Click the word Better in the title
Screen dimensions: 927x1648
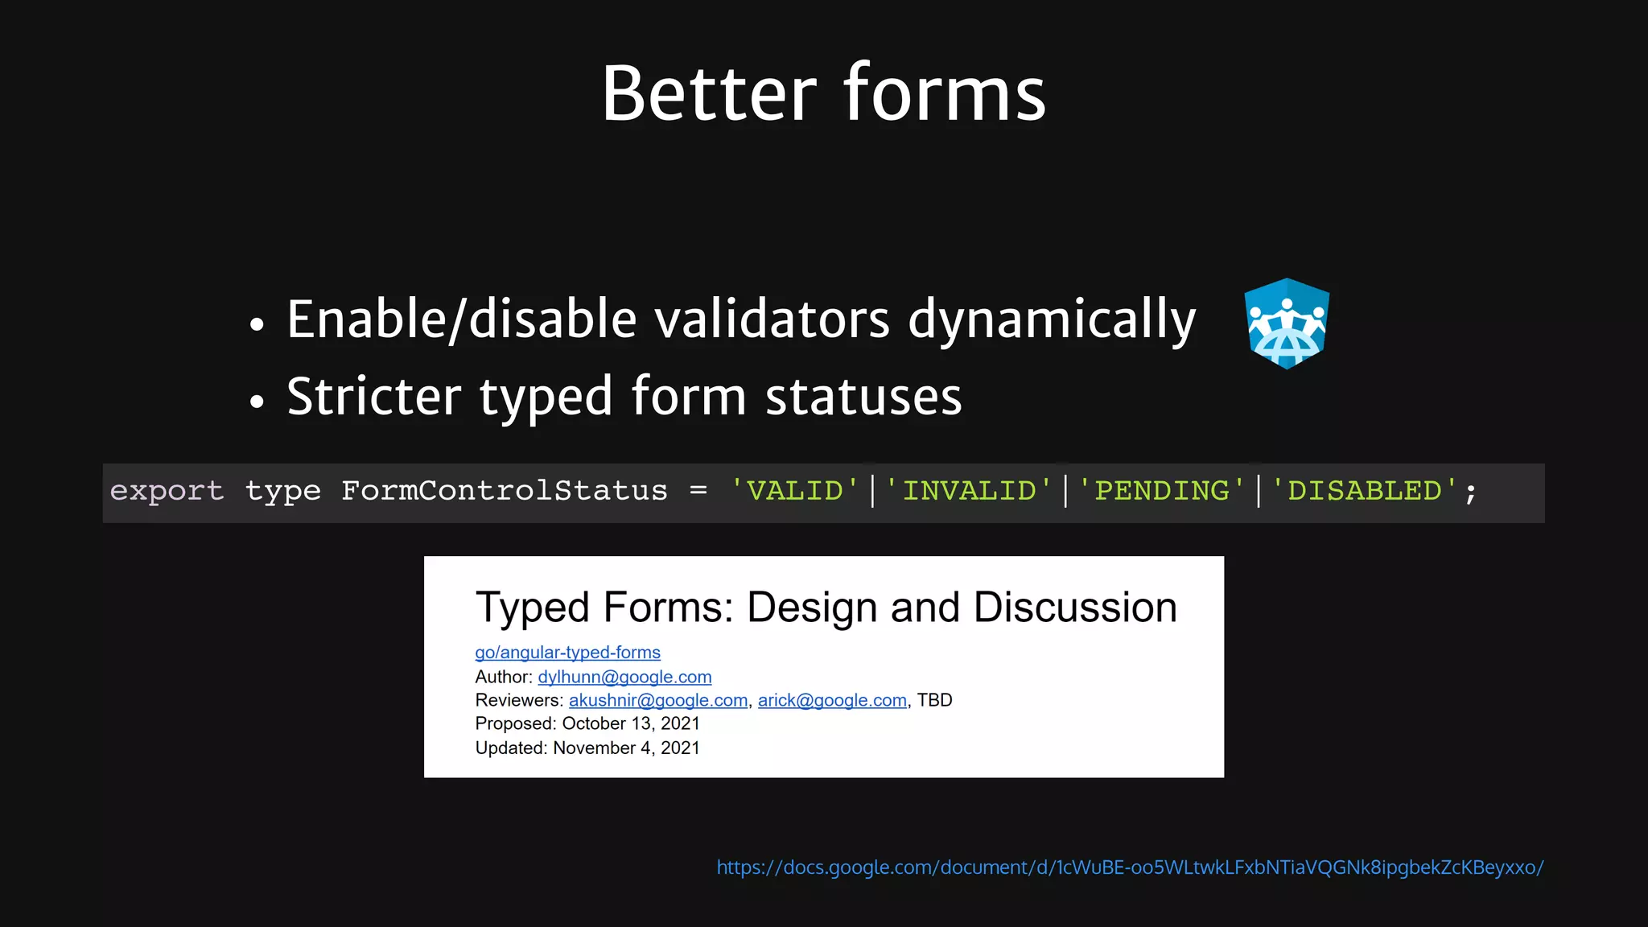pyautogui.click(x=709, y=94)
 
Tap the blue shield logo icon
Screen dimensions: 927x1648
pyautogui.click(x=1286, y=323)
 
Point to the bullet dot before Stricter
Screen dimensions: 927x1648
pyautogui.click(x=257, y=401)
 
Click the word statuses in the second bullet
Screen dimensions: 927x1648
pyautogui.click(x=863, y=397)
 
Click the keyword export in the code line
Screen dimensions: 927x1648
pyautogui.click(x=167, y=491)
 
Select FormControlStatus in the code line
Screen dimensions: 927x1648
pyautogui.click(x=504, y=491)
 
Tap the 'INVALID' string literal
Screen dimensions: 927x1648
pyautogui.click(x=969, y=491)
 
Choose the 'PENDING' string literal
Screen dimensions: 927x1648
pyautogui.click(x=1161, y=491)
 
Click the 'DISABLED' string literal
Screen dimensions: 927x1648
pyautogui.click(x=1365, y=491)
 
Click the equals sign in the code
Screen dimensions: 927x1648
pyautogui.click(x=698, y=491)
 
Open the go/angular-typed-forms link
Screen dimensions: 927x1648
pyautogui.click(x=567, y=653)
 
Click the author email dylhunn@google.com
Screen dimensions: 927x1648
pyautogui.click(x=624, y=677)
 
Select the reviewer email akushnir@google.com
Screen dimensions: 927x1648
pyautogui.click(x=657, y=700)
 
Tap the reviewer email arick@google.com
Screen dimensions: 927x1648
pyautogui.click(x=832, y=700)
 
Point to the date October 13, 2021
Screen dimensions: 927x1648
pyautogui.click(x=630, y=723)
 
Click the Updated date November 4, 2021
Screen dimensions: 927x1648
pyautogui.click(x=626, y=748)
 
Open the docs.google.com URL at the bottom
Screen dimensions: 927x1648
pyautogui.click(x=1130, y=867)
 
